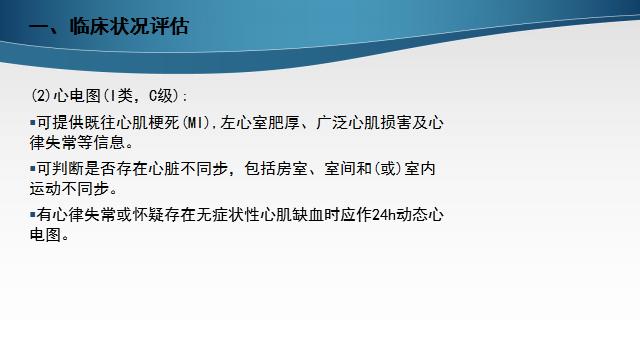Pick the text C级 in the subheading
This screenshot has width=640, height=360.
click(160, 96)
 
